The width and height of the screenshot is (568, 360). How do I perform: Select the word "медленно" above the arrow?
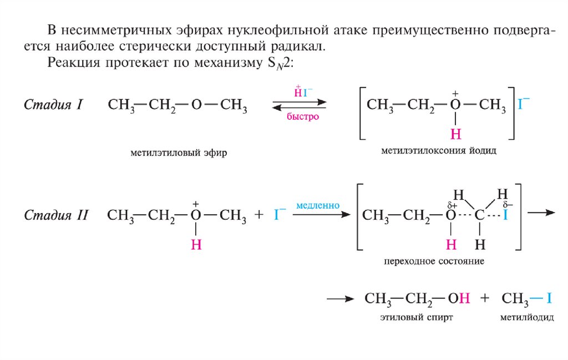[318, 205]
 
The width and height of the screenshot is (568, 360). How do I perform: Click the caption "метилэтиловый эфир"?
[179, 151]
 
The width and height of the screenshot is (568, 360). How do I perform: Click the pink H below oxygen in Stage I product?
[455, 134]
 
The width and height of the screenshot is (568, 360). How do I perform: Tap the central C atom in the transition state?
[480, 216]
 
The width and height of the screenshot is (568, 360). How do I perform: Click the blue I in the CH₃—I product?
[549, 298]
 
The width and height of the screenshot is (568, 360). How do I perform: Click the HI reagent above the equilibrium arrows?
[302, 92]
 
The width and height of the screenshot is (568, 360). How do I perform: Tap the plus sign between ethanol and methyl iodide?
[485, 298]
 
